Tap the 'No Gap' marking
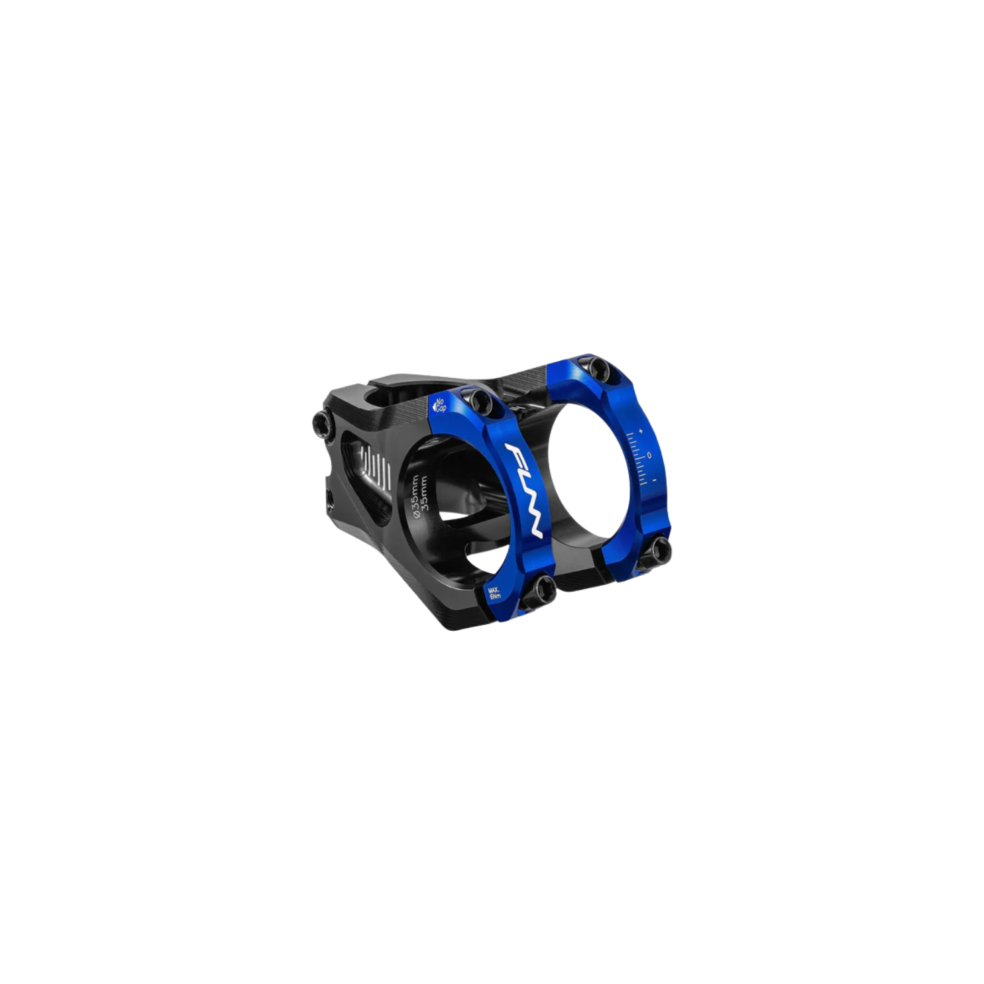point(439,405)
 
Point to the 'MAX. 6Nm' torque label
point(494,592)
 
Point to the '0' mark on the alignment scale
point(649,455)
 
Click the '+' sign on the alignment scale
point(640,431)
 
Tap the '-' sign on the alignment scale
point(655,480)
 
